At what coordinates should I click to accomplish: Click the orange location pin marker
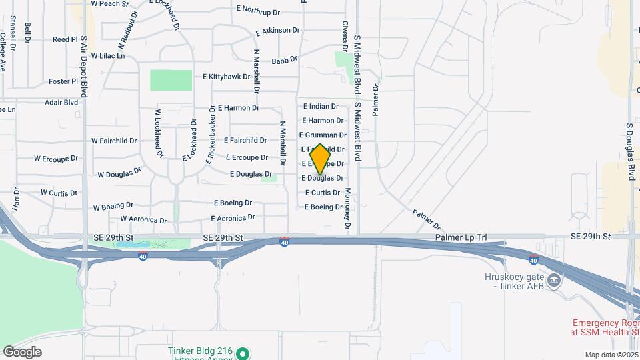(320, 159)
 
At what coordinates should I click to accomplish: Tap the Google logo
(22, 352)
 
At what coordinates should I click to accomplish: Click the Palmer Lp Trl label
(465, 237)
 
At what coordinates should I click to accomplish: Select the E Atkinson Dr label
(278, 31)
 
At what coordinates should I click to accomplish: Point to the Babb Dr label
(284, 61)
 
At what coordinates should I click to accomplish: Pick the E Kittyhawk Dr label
(226, 77)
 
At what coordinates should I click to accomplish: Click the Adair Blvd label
(61, 103)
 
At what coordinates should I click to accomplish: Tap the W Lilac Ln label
(108, 55)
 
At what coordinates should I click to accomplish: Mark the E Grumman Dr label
(323, 135)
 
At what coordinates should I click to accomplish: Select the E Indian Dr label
(321, 106)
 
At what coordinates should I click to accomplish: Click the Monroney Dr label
(347, 209)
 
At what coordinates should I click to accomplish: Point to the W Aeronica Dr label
(143, 219)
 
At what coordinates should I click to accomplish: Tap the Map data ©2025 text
(611, 355)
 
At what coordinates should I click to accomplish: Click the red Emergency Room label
(604, 327)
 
